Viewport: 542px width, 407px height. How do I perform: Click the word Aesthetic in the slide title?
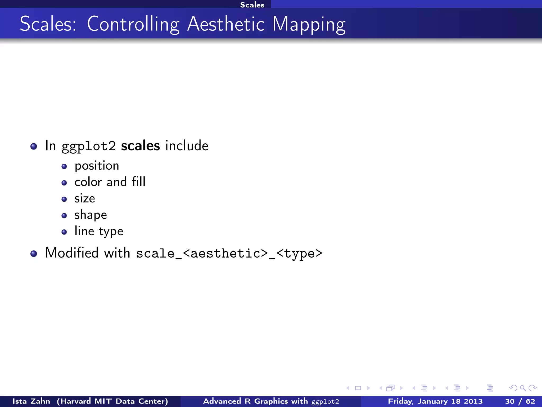226,24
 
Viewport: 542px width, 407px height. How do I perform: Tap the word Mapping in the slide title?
309,25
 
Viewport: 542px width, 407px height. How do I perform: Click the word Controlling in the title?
133,24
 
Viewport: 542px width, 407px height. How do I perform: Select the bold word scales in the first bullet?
140,146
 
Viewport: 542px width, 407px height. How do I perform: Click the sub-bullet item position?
97,166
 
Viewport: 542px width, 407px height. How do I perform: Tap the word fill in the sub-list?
139,182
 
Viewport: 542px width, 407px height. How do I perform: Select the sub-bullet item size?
84,198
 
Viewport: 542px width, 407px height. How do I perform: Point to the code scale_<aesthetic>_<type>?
229,254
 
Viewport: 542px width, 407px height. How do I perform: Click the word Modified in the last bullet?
72,253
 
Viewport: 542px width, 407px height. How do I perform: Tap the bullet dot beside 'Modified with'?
34,254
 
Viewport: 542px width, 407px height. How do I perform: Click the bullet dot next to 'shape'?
64,216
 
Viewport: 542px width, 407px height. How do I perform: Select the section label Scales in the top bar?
252,5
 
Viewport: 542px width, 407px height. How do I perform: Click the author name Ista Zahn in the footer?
31,401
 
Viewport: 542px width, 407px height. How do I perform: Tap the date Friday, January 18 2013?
435,401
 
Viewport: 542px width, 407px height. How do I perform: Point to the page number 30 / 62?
520,401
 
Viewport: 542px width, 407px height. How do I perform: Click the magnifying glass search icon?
523,388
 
